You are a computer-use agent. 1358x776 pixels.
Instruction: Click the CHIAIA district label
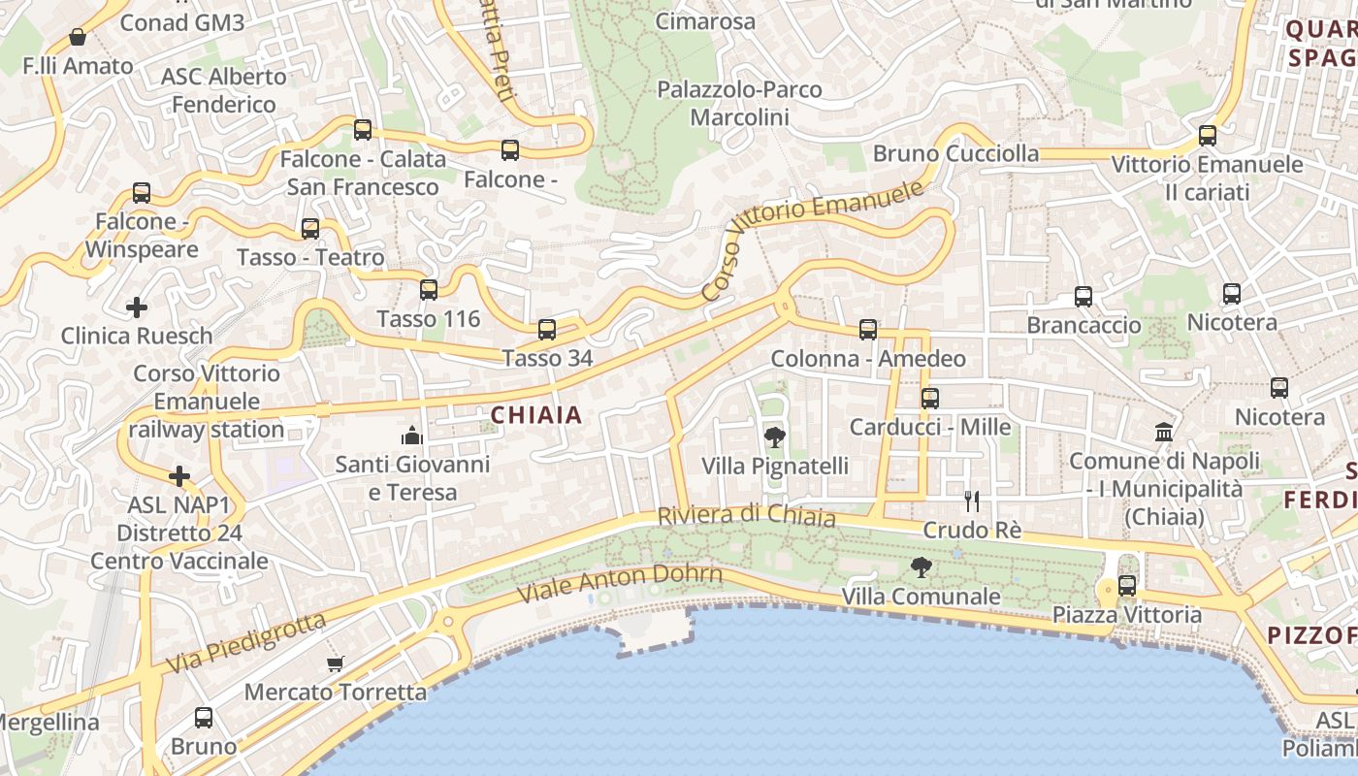pos(535,415)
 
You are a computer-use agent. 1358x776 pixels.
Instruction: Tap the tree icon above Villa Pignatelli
pos(774,436)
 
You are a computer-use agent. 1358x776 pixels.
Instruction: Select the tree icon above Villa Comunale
pos(921,567)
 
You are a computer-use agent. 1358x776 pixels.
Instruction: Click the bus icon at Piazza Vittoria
pos(1126,586)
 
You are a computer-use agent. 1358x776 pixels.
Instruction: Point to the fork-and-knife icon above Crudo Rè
pos(972,501)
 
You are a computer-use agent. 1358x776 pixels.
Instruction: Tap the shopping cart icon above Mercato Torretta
pos(336,664)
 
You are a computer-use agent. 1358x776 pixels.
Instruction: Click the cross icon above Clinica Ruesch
pos(137,308)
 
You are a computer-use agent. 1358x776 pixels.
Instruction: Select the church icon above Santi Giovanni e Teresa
pos(412,435)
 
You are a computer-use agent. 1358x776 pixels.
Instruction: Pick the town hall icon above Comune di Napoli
pos(1163,431)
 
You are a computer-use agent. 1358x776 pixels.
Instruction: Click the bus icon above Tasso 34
pos(547,330)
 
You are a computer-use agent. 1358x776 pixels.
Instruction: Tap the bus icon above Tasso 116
pos(429,290)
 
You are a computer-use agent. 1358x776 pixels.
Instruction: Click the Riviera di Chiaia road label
pos(746,515)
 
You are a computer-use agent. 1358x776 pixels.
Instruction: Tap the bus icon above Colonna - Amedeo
pos(868,330)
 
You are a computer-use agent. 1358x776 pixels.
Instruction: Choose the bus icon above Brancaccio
pos(1083,297)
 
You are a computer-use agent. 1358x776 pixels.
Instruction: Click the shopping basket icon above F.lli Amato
pos(78,38)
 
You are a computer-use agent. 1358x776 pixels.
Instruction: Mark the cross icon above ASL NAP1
pos(179,476)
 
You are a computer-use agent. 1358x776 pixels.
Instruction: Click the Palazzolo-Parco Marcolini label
pos(739,103)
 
